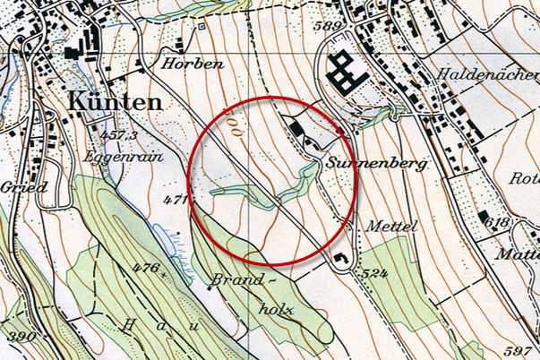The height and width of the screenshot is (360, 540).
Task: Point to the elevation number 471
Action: point(174,199)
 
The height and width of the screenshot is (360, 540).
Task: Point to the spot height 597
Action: point(521,349)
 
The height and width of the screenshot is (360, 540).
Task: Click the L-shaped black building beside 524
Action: point(342,260)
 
